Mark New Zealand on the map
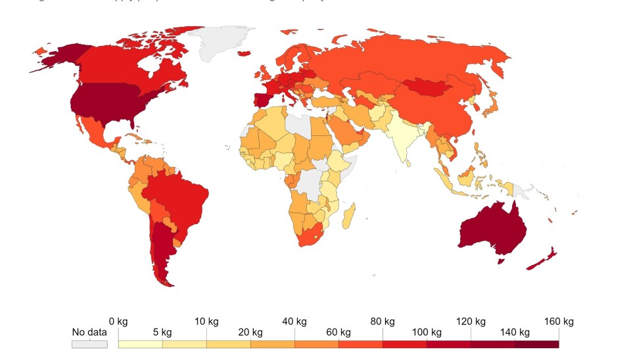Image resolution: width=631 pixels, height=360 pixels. click(543, 260)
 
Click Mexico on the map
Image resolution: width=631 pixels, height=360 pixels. click(92, 131)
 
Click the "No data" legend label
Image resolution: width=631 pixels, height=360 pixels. click(89, 332)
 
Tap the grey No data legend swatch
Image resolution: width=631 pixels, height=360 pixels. click(89, 344)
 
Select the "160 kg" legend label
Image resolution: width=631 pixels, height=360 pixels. click(559, 321)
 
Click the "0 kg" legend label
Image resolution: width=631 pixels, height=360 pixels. click(118, 321)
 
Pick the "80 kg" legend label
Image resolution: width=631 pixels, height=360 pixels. click(383, 321)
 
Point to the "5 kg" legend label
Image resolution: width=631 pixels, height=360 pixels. click(162, 332)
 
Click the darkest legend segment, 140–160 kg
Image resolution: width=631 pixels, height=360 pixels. click(537, 344)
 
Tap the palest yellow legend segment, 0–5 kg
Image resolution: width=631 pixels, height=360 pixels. click(140, 344)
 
